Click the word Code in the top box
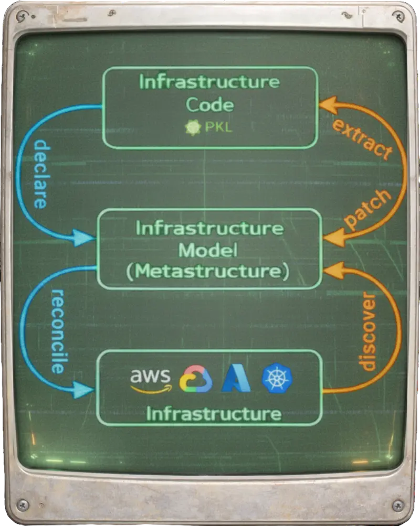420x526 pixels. (210, 104)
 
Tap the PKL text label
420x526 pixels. (218, 127)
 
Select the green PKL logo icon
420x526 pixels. (193, 127)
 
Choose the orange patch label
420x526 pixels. (367, 209)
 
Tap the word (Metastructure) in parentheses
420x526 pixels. (208, 271)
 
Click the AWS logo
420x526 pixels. (151, 380)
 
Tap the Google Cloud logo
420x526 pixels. (196, 379)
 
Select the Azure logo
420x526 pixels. (236, 379)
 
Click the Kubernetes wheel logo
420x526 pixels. (277, 378)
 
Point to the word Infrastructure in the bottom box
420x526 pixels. (214, 414)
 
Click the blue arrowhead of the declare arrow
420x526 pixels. (83, 238)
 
